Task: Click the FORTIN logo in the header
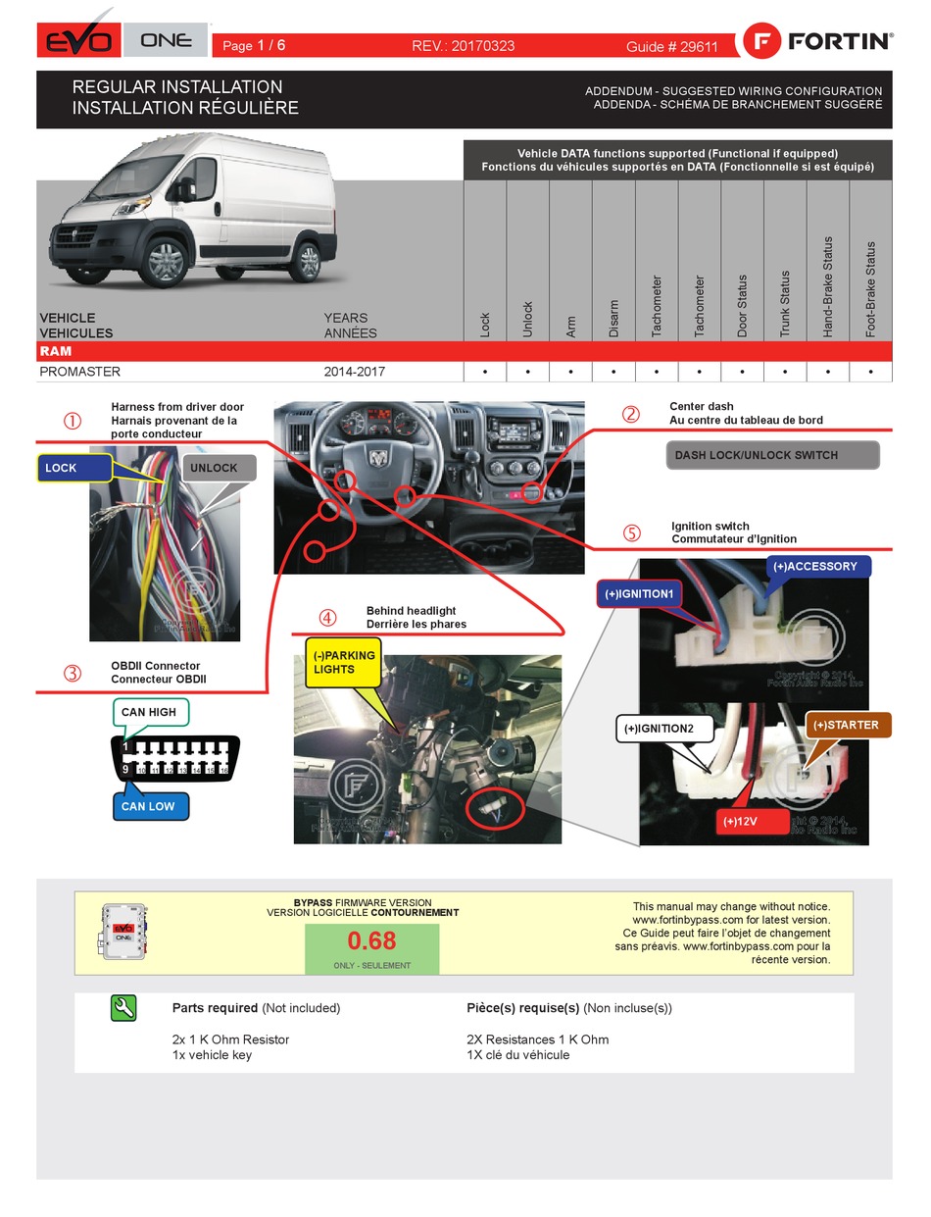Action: coord(818,41)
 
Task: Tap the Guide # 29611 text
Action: coord(672,46)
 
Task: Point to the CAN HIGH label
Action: coord(149,712)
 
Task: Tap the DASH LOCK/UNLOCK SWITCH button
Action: coord(773,455)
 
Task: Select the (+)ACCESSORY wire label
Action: coord(814,566)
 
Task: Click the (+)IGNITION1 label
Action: coord(639,593)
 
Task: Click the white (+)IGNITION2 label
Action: coord(656,729)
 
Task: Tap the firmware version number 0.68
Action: coord(372,941)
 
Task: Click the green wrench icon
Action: coord(124,1008)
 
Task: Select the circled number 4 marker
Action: coord(327,618)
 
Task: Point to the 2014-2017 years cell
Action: coord(355,372)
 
